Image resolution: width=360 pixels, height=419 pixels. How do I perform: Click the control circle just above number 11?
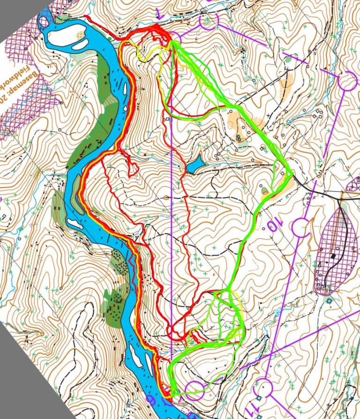[x=265, y=388]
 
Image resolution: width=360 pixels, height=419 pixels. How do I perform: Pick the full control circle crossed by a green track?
[x=195, y=388]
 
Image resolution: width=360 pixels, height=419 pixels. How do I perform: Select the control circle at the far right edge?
[x=347, y=82]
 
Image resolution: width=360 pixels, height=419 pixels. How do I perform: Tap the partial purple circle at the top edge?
[x=210, y=21]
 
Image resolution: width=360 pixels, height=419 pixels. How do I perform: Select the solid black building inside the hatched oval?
[x=333, y=256]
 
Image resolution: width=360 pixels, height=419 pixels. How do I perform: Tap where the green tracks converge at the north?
[x=173, y=43]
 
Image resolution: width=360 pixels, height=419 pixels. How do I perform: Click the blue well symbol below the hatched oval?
[x=330, y=300]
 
